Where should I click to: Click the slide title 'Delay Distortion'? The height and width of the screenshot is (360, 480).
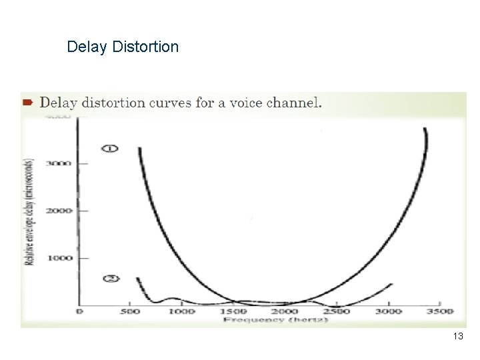click(123, 47)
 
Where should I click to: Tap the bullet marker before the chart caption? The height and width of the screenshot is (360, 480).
click(28, 103)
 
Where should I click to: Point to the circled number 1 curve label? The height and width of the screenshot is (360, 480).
click(110, 147)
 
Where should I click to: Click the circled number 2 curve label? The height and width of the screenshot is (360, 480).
click(111, 278)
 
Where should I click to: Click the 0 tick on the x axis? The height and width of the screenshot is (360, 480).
click(80, 311)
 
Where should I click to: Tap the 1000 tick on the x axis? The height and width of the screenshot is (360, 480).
click(181, 311)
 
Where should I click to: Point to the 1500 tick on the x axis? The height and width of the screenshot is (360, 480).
click(233, 311)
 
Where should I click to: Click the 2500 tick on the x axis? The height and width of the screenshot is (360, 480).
click(335, 311)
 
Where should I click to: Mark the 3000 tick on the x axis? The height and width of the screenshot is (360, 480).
click(387, 311)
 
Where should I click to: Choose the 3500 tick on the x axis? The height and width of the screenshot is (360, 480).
click(438, 311)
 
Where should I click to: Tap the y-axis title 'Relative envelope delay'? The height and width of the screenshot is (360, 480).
click(30, 212)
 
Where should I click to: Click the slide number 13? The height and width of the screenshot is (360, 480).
click(457, 337)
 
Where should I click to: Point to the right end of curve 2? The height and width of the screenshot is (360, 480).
click(391, 284)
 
